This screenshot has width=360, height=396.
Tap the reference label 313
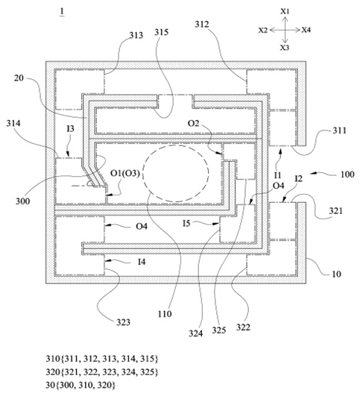click(136, 35)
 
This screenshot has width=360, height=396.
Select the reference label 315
click(162, 32)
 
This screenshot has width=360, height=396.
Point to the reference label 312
click(202, 25)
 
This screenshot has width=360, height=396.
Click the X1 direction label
click(285, 11)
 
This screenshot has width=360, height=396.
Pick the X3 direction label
click(285, 48)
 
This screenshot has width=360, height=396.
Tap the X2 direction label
click(263, 31)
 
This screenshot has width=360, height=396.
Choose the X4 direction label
click(306, 30)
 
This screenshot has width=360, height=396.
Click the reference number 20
click(19, 78)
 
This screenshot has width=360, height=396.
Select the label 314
click(13, 124)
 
